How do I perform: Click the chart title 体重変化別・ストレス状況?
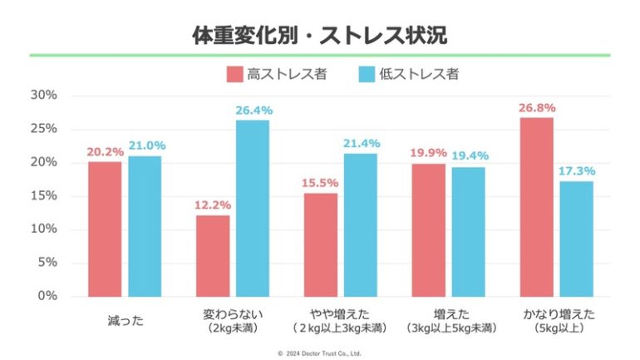click(x=319, y=35)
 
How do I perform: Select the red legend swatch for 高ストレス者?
click(x=234, y=74)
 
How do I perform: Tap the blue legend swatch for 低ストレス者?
click(x=367, y=74)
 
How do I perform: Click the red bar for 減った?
click(x=105, y=229)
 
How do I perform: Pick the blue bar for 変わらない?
click(x=252, y=208)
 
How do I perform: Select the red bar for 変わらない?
click(x=212, y=255)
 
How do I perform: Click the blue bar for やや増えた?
click(x=360, y=224)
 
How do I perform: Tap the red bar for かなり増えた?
click(x=536, y=206)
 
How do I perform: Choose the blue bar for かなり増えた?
click(x=576, y=238)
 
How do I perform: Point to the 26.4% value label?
click(x=254, y=110)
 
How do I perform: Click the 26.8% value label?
click(x=536, y=107)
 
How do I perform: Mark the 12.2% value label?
click(x=212, y=205)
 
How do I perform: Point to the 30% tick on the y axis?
click(x=43, y=95)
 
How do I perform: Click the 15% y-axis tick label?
click(x=43, y=195)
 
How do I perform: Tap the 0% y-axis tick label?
click(x=47, y=296)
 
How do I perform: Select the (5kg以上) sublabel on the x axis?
click(x=556, y=329)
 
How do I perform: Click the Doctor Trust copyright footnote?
click(x=319, y=353)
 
